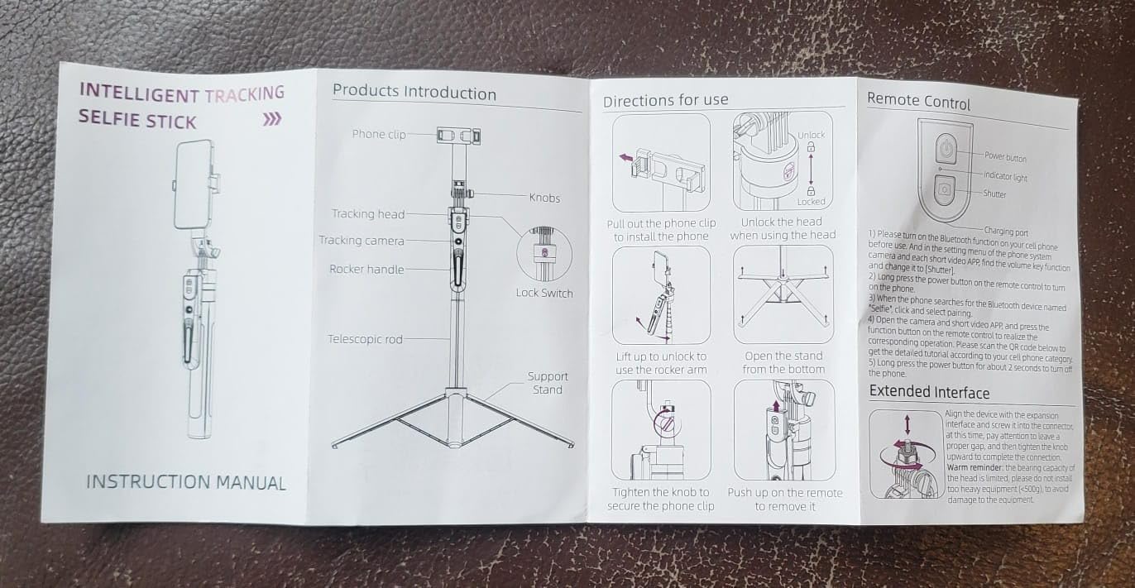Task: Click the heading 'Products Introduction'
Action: pos(414,92)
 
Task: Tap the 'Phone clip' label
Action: pos(379,134)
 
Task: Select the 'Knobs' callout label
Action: pos(544,198)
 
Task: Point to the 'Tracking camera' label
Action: pos(362,240)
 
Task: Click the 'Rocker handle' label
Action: pos(366,269)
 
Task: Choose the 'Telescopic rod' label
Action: pos(365,339)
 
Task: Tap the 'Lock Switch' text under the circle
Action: pos(544,293)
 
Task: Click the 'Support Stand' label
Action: pos(548,383)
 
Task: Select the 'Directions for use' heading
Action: pos(665,100)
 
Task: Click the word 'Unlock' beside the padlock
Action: pos(812,135)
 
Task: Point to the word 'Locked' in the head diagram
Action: pos(811,201)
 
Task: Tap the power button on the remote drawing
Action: pos(946,149)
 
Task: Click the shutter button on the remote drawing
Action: pos(944,190)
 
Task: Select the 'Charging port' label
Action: pos(1006,232)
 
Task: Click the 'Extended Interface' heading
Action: pos(929,392)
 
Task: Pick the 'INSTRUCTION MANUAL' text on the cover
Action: pos(186,482)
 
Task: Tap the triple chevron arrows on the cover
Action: pos(272,120)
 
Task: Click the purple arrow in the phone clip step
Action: pos(626,158)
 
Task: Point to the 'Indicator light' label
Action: pos(1005,176)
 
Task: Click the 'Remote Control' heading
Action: pos(918,101)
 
